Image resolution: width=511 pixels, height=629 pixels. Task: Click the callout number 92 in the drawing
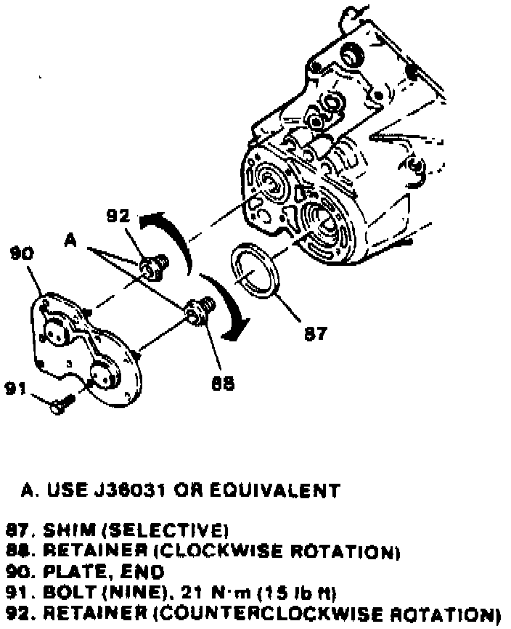118,216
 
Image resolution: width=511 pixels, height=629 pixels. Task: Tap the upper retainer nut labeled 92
152,267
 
